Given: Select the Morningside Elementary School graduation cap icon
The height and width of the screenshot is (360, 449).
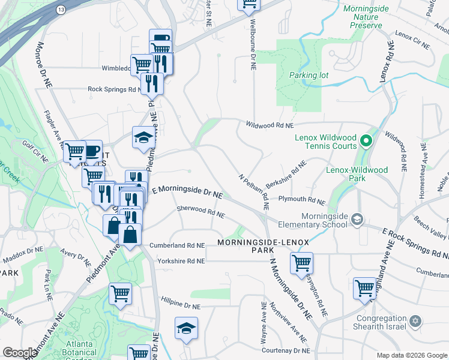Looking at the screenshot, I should coord(358,218).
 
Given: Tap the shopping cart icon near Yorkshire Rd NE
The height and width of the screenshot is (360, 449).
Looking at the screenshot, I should coord(301,262).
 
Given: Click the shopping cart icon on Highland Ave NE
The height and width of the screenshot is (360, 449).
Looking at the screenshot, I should coord(364,287).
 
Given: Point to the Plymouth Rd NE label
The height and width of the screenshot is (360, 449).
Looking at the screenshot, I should coord(301,199).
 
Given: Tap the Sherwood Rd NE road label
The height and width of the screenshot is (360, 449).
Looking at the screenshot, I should coord(200,212).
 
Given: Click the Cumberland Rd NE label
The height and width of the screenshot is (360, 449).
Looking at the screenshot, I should coord(177,245).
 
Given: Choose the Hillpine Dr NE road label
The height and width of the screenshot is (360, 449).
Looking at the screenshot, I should coord(180,305).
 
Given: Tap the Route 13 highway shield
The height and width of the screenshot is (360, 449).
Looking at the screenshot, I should coord(61,10).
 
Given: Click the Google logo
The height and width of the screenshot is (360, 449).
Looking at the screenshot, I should coord(20,352).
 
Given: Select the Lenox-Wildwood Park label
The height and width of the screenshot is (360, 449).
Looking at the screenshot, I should coord(357,174).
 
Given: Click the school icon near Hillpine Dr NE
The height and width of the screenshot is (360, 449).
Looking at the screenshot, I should coord(186,329).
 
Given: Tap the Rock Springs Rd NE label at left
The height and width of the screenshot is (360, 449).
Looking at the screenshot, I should coord(114,89).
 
